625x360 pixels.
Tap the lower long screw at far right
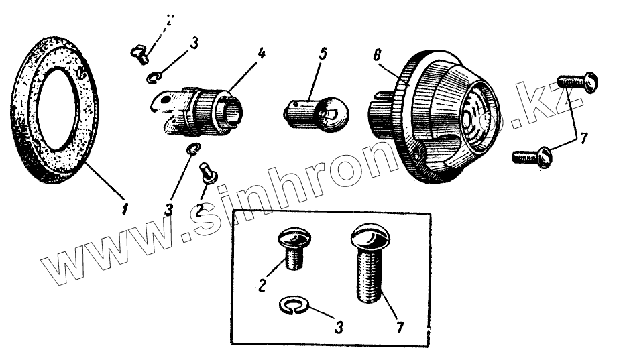532,158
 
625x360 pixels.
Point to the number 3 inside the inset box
339,328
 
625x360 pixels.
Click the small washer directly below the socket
193,149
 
